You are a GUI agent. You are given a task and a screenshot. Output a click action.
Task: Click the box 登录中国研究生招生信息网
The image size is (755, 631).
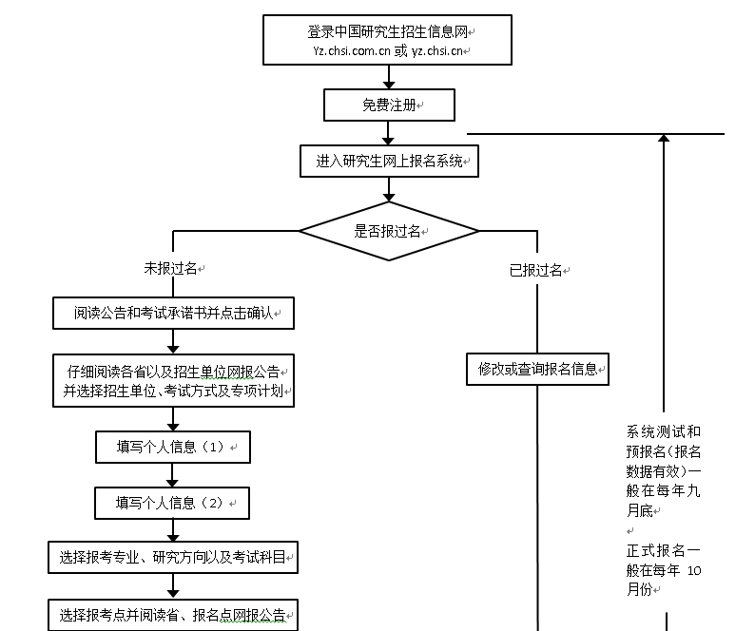coord(387,40)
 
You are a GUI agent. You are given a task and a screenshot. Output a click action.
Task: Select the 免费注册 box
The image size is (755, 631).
coord(389,105)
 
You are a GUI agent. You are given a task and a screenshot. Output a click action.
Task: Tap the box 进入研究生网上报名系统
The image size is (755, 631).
coord(389,162)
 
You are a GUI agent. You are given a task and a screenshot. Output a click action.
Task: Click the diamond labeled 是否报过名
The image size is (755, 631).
coord(389,231)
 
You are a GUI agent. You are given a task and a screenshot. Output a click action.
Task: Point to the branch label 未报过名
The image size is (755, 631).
coord(170,269)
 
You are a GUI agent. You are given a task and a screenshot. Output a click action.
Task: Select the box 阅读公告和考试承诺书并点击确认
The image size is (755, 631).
coord(173,313)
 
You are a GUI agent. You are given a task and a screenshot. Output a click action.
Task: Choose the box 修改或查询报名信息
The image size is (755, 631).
coord(537,370)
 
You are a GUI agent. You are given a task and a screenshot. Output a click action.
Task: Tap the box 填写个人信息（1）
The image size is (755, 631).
coord(172,447)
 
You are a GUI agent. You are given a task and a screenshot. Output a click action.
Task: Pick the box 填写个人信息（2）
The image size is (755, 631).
coord(172,503)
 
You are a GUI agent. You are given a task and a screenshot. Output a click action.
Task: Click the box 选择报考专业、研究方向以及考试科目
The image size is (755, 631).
coord(172,558)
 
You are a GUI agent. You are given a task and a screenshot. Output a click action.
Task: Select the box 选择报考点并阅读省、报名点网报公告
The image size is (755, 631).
coord(172,614)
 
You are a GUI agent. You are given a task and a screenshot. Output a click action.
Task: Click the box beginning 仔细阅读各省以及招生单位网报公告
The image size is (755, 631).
coord(172,380)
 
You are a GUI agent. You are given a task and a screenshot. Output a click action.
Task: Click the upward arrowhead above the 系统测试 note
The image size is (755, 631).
coord(664,139)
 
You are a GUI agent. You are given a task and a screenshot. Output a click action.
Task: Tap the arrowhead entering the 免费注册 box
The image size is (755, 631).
coord(389,85)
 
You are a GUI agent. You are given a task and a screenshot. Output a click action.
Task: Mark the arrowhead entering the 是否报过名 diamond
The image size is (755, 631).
coord(389,197)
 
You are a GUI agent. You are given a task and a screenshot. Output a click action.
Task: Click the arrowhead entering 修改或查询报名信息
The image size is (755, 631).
coord(537,349)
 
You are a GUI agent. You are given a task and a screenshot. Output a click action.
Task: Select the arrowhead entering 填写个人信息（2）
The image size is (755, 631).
coord(173,482)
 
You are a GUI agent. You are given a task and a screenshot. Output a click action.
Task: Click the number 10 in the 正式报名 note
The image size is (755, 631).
coord(692,571)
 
